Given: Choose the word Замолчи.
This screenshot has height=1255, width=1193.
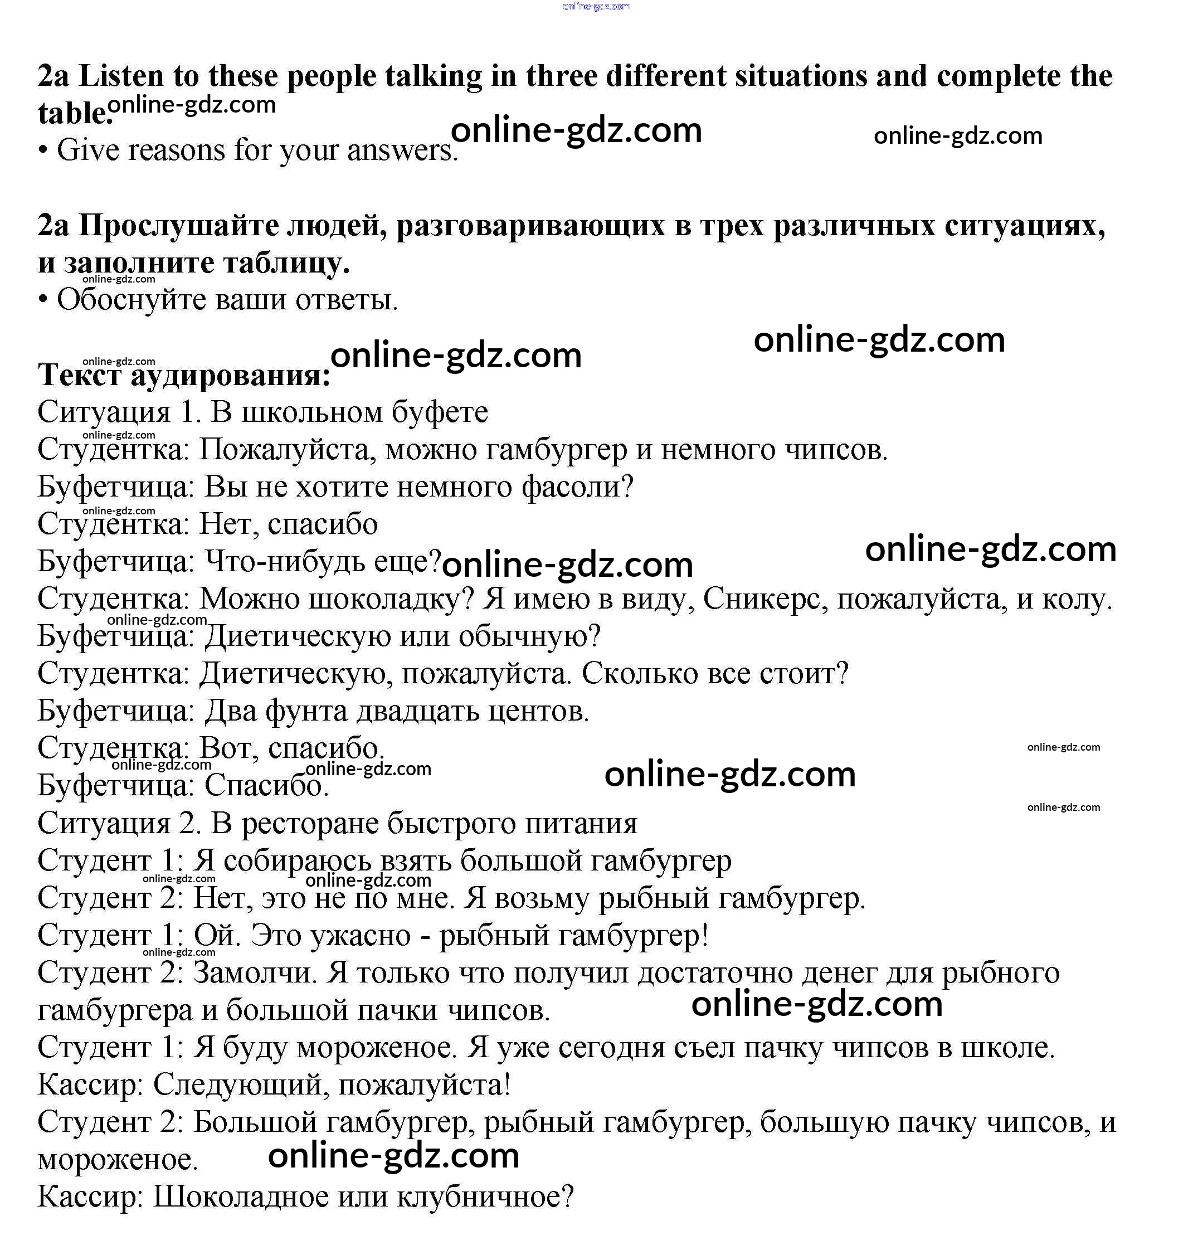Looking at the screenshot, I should click(x=255, y=972).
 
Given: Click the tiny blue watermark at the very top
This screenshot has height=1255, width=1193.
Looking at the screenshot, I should click(x=596, y=6).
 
